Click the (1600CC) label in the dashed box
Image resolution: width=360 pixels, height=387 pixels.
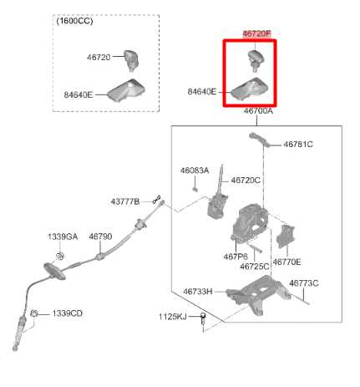(x=74, y=21)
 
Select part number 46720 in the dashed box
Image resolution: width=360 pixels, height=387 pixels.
(x=99, y=58)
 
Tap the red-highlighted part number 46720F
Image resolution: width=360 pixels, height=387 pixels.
(x=256, y=33)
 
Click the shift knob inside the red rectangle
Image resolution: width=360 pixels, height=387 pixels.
(x=256, y=59)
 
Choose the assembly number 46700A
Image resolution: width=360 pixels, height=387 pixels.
(x=258, y=111)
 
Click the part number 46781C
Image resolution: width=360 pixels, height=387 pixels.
(x=298, y=145)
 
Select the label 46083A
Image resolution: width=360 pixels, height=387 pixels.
(x=195, y=171)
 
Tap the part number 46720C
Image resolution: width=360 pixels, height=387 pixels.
(x=246, y=181)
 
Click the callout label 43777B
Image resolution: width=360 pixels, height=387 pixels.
(x=125, y=201)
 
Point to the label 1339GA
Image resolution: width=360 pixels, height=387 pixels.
(x=63, y=237)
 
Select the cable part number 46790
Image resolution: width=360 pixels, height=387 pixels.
(x=100, y=237)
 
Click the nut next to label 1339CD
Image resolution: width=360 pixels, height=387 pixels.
(x=34, y=313)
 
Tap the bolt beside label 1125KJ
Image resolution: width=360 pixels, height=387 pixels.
(x=203, y=320)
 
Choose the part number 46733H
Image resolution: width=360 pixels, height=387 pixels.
(x=198, y=292)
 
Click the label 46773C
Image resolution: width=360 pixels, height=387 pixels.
(x=304, y=283)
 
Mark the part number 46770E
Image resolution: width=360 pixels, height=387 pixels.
(x=286, y=262)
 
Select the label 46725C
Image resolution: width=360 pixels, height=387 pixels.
(x=255, y=267)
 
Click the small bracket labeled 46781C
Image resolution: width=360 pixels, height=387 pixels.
(x=260, y=139)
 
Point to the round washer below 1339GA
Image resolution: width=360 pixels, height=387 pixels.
(x=60, y=256)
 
